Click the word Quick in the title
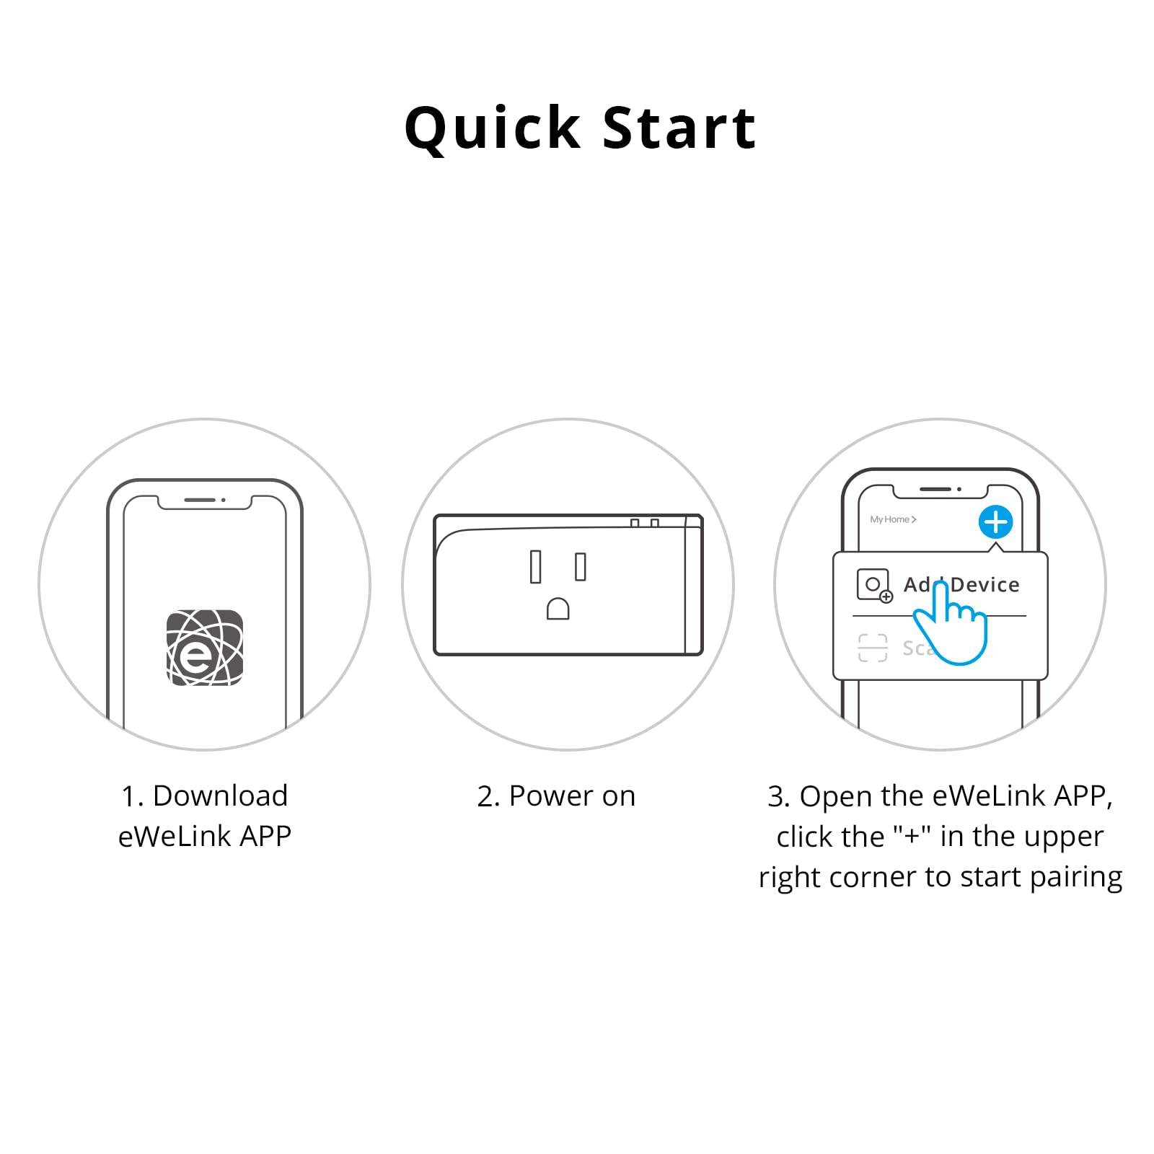493,128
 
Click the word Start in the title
679,128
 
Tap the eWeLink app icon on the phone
205,647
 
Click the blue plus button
995,521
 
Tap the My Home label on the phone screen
892,519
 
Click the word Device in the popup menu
985,584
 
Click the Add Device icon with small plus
873,585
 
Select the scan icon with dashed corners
873,648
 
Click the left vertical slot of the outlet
535,566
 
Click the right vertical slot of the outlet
581,566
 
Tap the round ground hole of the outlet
558,609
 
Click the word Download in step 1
220,796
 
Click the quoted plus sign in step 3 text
912,837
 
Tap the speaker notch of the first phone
200,500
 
